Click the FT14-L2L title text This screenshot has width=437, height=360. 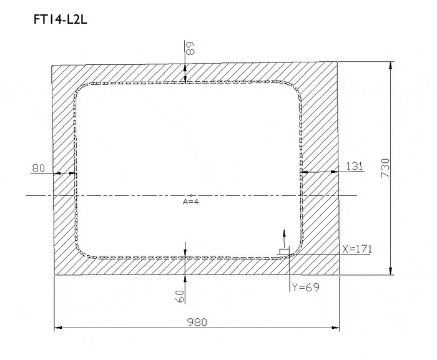pyautogui.click(x=60, y=19)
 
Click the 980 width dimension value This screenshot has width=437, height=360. pyautogui.click(x=197, y=322)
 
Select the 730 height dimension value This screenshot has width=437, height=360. pyautogui.click(x=385, y=168)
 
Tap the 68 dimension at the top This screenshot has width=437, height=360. pyautogui.click(x=190, y=48)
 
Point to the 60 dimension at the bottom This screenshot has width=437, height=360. pyautogui.click(x=180, y=296)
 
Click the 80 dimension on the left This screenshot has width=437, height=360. pyautogui.click(x=39, y=168)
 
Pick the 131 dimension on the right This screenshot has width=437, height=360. pyautogui.click(x=355, y=167)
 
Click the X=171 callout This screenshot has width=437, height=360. pyautogui.click(x=357, y=249)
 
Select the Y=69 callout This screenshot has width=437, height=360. pyautogui.click(x=305, y=287)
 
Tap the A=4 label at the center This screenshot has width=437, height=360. pyautogui.click(x=191, y=202)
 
